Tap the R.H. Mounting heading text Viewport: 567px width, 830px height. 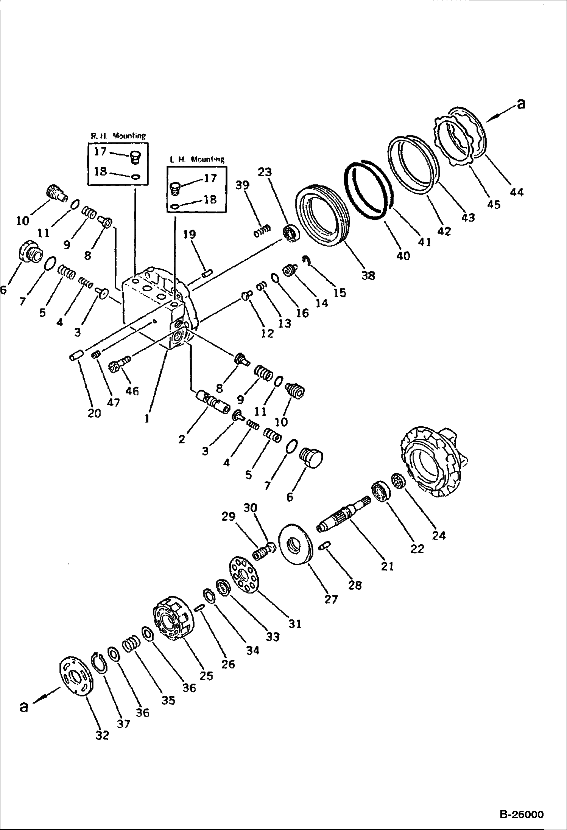coord(117,136)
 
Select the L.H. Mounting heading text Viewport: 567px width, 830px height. coord(197,159)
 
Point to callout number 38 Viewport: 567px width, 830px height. coord(368,275)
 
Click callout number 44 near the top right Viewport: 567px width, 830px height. coord(516,192)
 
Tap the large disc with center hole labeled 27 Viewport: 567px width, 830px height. coord(295,544)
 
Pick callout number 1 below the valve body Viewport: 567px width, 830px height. coord(147,418)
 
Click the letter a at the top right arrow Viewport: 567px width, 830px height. coord(521,104)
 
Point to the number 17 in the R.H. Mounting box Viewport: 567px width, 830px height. coord(100,152)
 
